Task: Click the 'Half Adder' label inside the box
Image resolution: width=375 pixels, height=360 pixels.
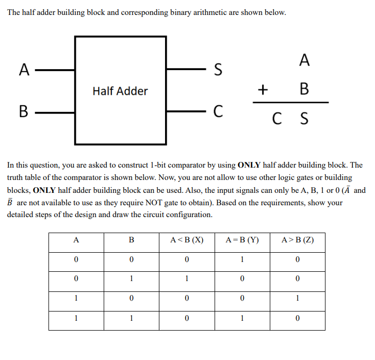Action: point(120,91)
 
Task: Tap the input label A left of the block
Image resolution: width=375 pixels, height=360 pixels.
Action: point(23,69)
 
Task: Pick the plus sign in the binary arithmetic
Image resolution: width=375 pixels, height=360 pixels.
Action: point(263,90)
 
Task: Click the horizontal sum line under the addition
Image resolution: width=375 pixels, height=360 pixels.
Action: point(290,102)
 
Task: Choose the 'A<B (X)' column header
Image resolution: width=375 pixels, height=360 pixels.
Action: point(187,240)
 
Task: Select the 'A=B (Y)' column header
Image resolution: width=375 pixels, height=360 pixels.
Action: point(242,240)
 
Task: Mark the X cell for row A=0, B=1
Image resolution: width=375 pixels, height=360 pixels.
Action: point(187,279)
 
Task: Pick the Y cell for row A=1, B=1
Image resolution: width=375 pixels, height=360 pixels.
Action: point(242,319)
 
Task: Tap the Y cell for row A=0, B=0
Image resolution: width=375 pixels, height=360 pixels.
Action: point(242,259)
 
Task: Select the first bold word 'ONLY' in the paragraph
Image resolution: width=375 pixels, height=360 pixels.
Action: point(250,166)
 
